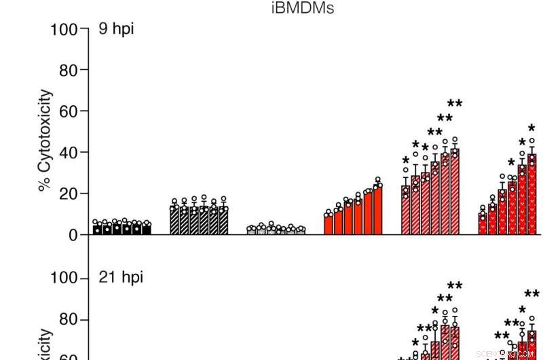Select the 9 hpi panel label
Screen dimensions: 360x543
[116, 30]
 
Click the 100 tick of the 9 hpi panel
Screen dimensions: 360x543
[64, 29]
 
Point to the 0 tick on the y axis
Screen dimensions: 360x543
[72, 235]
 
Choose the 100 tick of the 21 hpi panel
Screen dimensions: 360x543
[64, 278]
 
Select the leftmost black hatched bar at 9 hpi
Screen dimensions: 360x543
[174, 221]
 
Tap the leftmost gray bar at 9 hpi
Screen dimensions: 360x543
[251, 232]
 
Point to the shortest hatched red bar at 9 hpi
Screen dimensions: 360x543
[406, 211]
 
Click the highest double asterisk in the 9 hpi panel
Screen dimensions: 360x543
[455, 104]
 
